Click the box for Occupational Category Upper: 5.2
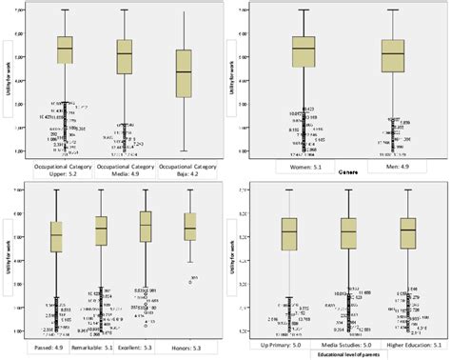point(65,50)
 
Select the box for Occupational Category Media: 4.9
point(125,57)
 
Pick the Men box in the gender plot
point(391,56)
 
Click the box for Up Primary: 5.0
point(289,232)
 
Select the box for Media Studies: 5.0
point(348,232)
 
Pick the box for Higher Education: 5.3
point(407,231)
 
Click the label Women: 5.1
point(304,167)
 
